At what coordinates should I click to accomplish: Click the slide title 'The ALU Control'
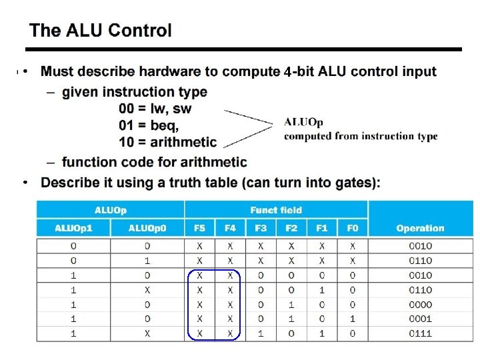pos(101,31)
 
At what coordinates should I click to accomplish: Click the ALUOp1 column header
pos(73,228)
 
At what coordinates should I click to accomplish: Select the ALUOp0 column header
pos(147,228)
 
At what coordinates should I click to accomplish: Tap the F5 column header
pos(199,228)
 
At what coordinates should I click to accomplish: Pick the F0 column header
pos(352,228)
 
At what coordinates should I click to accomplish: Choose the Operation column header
pos(420,228)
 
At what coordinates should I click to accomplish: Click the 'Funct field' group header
pos(276,210)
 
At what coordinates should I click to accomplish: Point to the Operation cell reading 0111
pos(420,333)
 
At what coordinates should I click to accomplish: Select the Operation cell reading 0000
pos(420,305)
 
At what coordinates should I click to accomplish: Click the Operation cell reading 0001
pos(420,319)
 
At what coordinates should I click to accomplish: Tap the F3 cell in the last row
pos(261,333)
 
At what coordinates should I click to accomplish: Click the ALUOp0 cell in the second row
pos(147,261)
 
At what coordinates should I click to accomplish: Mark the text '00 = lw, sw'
pos(155,108)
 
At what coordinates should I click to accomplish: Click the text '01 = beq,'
pos(149,125)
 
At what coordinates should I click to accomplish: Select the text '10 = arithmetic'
pos(168,141)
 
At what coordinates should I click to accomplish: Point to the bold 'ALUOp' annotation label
pos(303,122)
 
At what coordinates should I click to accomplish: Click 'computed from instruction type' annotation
pos(361,136)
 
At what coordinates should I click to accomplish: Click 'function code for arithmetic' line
pos(154,162)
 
